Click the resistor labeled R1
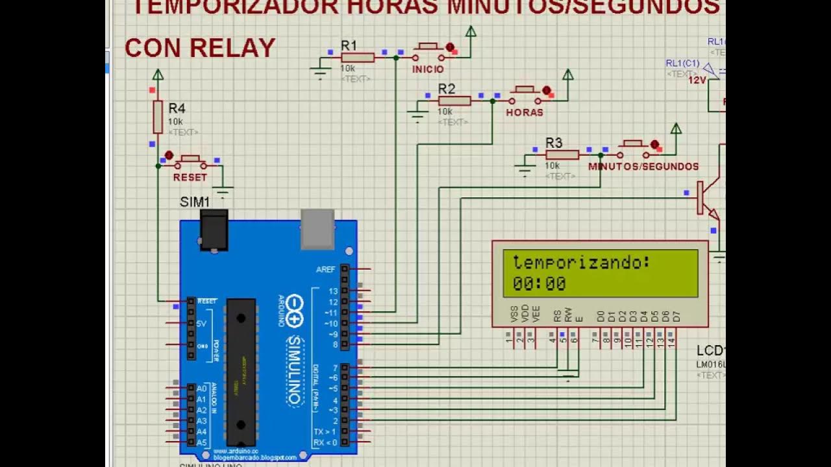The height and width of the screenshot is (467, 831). [x=358, y=58]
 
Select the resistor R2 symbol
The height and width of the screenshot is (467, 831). [x=454, y=101]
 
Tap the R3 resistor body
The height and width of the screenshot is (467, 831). [x=562, y=154]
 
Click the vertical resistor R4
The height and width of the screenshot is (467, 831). [x=158, y=117]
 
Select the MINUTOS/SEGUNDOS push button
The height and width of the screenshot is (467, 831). [x=633, y=149]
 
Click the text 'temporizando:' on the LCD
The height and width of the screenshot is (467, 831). [x=581, y=263]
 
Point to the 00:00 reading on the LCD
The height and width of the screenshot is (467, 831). [x=539, y=283]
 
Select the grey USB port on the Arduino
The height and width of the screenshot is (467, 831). [x=317, y=229]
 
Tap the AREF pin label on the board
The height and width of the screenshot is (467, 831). [x=325, y=269]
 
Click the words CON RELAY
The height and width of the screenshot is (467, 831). [x=200, y=48]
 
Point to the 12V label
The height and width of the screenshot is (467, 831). [x=697, y=80]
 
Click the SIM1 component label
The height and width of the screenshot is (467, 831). [x=195, y=202]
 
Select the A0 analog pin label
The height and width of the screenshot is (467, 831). [x=201, y=389]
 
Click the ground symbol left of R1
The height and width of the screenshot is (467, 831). [x=319, y=70]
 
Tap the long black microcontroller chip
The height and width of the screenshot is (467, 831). [x=240, y=372]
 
